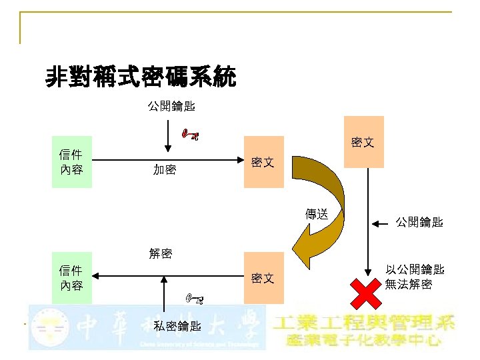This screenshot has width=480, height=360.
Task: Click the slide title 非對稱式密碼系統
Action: [x=140, y=78]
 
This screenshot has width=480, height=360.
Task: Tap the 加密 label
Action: [x=165, y=170]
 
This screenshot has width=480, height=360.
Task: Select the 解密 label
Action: [x=161, y=253]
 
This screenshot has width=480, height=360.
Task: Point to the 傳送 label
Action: [x=317, y=214]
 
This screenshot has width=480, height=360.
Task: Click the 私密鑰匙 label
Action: [x=177, y=326]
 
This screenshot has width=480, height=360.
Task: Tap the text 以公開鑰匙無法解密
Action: [x=415, y=277]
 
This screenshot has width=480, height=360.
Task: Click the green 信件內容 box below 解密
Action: [x=71, y=278]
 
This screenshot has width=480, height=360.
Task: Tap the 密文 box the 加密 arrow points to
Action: [x=263, y=162]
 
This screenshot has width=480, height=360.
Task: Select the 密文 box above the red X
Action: [x=363, y=143]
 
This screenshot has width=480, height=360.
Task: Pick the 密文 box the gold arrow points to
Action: [x=263, y=278]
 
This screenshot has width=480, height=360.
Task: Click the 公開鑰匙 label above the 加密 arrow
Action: [x=171, y=105]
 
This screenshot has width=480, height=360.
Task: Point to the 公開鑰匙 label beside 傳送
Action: [x=419, y=222]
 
